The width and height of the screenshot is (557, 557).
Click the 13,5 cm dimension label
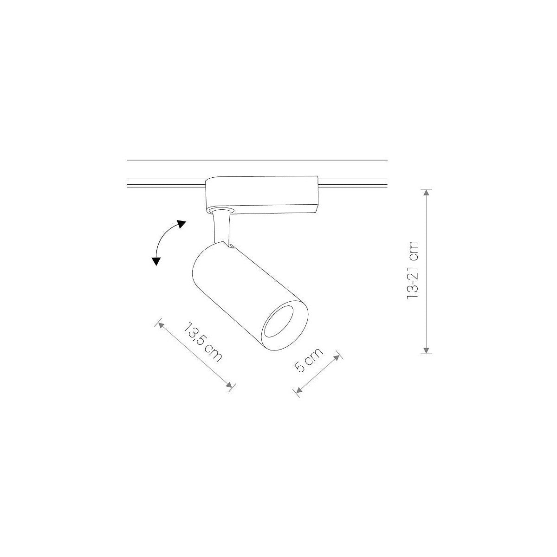pyautogui.click(x=203, y=341)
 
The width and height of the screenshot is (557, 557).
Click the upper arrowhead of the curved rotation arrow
pyautogui.click(x=181, y=223)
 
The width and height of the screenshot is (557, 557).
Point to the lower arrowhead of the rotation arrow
pyautogui.click(x=156, y=261)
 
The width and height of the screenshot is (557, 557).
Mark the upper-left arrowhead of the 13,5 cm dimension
pyautogui.click(x=161, y=325)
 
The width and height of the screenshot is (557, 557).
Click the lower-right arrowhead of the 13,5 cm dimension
pyautogui.click(x=229, y=384)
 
